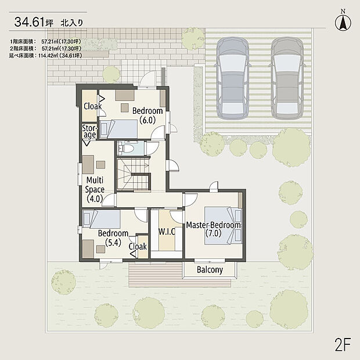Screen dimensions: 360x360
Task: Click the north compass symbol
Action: pos(343,21)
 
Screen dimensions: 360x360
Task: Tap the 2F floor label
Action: pos(343,344)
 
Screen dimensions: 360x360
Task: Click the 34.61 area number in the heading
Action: pos(29,22)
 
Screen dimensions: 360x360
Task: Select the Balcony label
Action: pos(210,269)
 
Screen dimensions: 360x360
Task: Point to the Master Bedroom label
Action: pos(213,229)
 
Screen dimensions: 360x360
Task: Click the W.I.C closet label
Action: pos(167,232)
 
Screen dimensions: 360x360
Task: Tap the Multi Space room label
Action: pos(95,189)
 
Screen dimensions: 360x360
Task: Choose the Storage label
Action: pos(89,132)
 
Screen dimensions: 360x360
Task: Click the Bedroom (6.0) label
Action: pos(147,115)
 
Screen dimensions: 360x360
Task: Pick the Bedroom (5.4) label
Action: pos(113,238)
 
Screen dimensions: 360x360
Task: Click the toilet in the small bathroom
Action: pos(125,148)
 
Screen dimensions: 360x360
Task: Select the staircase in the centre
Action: pos(134,174)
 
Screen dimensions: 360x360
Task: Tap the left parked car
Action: pos(233,78)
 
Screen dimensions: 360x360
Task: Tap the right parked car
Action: pos(287,78)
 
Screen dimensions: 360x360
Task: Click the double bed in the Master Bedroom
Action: pos(224,226)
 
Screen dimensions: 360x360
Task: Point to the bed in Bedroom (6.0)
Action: pos(118,129)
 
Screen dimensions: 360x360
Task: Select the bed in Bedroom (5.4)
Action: pos(101,219)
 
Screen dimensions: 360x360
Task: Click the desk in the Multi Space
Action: pos(88,165)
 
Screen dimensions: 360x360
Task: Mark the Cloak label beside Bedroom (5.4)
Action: pos(138,247)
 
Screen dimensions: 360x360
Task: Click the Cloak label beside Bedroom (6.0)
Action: pos(92,106)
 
